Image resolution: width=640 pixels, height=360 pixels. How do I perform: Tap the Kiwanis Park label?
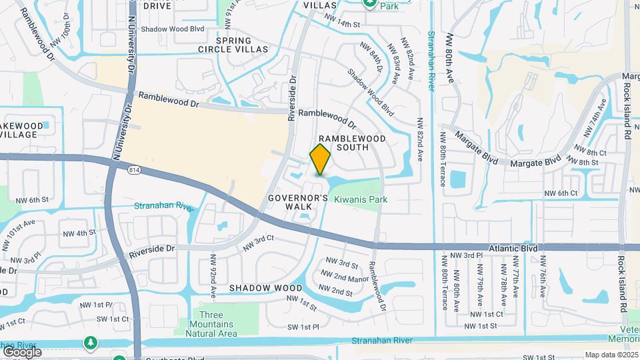(x=361, y=199)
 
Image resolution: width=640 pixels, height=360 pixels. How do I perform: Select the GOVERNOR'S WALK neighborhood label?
(x=298, y=202)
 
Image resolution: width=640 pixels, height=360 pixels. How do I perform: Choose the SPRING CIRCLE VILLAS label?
(x=233, y=44)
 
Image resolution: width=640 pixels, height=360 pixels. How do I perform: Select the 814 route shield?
(x=134, y=170)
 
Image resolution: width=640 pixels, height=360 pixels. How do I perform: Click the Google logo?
(x=22, y=351)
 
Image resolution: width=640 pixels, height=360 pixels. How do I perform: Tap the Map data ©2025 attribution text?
(x=611, y=355)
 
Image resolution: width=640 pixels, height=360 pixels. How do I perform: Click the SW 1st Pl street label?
(x=303, y=327)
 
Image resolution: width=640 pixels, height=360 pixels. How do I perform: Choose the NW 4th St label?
(x=79, y=233)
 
